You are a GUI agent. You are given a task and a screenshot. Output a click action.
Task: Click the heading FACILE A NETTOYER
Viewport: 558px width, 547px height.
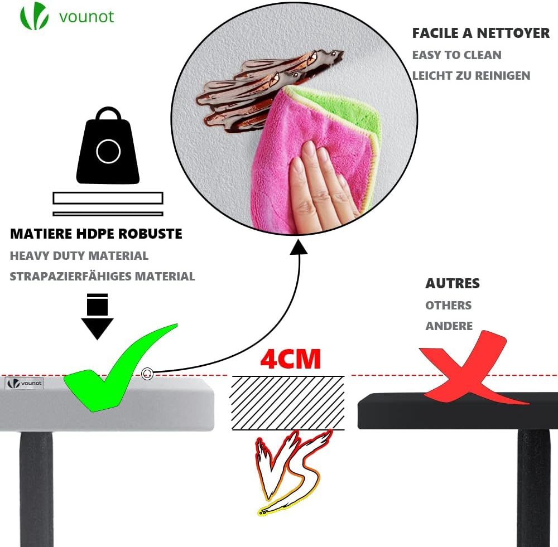coord(480,33)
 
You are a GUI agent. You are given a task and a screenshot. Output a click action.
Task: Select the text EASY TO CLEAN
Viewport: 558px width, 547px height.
coord(456,55)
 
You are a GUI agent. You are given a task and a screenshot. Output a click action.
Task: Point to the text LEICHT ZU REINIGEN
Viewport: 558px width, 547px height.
coord(471,76)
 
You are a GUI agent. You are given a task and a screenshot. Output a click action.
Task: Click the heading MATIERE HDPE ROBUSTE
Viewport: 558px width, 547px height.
coord(96,234)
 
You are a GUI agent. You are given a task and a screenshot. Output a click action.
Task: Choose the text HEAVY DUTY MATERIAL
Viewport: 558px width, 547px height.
coord(79,256)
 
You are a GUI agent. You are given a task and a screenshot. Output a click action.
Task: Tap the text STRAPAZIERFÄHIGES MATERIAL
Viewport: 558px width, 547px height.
coord(102,276)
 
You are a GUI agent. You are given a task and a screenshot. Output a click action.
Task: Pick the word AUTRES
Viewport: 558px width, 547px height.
coord(453,283)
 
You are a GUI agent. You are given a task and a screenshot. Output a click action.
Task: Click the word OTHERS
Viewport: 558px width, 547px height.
coord(448,306)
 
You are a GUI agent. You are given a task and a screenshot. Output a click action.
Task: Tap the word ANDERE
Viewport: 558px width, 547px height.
coord(449,326)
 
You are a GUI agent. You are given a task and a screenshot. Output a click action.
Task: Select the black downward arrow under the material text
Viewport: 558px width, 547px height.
coord(97,316)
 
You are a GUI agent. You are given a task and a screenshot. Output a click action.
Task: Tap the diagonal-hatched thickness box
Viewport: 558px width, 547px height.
coord(287,403)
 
